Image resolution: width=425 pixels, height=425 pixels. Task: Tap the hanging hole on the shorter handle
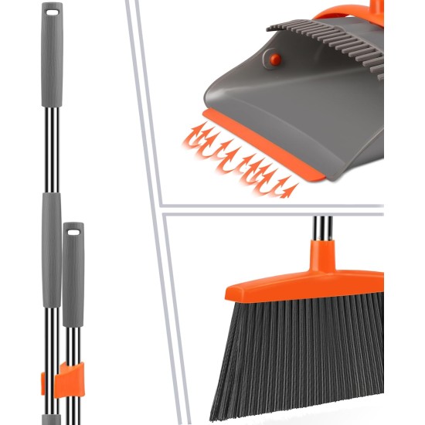74,230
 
